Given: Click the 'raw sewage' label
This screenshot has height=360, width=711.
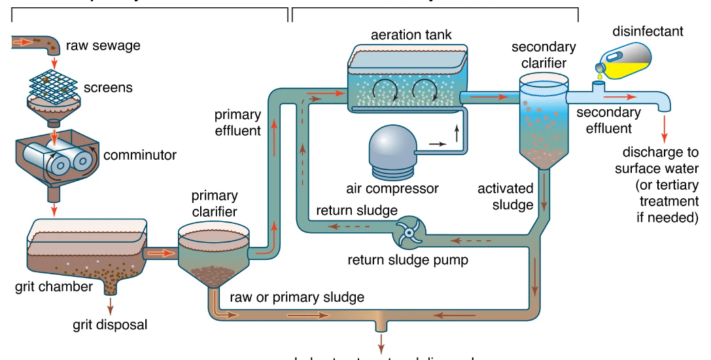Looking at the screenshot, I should [103, 46].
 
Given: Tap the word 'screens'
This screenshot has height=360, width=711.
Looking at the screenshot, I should [108, 87].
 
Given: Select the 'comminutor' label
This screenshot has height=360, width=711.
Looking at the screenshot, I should [139, 155].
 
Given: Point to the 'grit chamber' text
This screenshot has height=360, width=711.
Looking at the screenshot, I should [54, 286].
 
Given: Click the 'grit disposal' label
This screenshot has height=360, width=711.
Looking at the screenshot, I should [110, 324].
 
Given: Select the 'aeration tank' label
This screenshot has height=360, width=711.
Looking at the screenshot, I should [411, 34].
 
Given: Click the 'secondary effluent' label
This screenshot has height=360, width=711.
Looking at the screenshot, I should [608, 120].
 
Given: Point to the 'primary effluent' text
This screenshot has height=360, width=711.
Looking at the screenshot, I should [237, 122].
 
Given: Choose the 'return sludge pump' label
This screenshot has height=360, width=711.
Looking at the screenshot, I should [408, 260].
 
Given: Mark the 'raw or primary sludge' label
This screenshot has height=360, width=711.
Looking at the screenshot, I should [296, 297].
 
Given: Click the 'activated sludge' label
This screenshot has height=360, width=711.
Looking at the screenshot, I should [506, 196].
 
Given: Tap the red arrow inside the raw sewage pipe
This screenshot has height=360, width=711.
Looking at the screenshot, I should [24, 43].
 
